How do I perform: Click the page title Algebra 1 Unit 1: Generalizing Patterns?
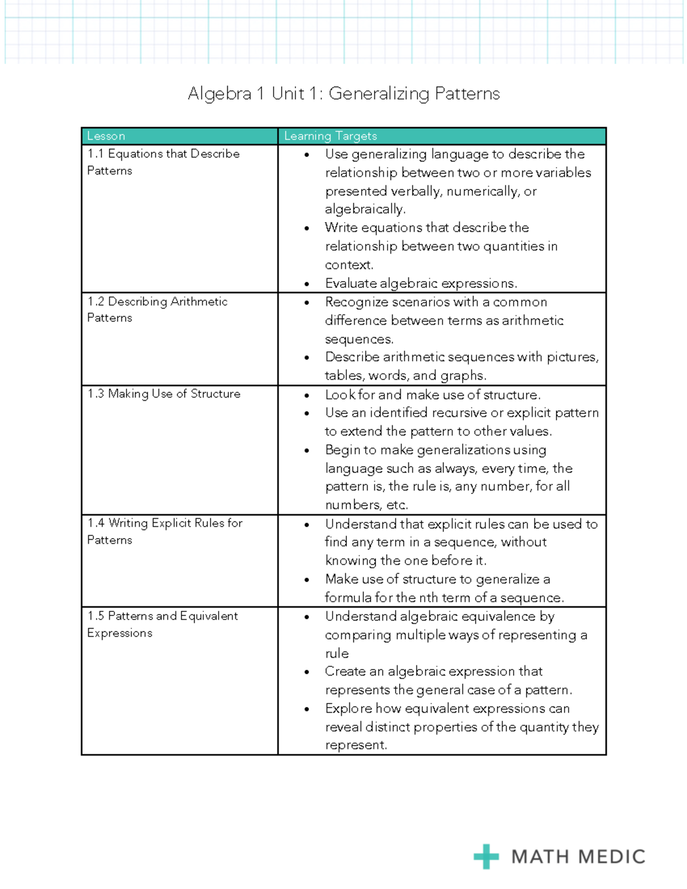pos(343,93)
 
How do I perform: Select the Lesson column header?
pos(106,136)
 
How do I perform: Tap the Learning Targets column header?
pos(330,136)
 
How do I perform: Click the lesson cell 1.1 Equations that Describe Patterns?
pos(163,162)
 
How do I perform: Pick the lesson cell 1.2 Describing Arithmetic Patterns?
pos(157,309)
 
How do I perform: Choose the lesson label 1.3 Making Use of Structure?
pos(164,394)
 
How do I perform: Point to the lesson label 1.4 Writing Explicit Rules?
pos(165,523)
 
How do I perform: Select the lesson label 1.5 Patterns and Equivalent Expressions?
pos(163,624)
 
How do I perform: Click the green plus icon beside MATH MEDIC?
pos(486,856)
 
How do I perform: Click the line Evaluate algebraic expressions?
pos(421,283)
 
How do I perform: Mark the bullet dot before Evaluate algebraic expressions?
pos(307,284)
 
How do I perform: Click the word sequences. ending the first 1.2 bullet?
pos(359,339)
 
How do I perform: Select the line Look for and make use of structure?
pos(433,395)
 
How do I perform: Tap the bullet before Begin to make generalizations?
pos(307,451)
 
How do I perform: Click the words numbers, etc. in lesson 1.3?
pos(366,505)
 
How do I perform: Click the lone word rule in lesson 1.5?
pos(337,654)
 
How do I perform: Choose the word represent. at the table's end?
pos(356,745)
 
